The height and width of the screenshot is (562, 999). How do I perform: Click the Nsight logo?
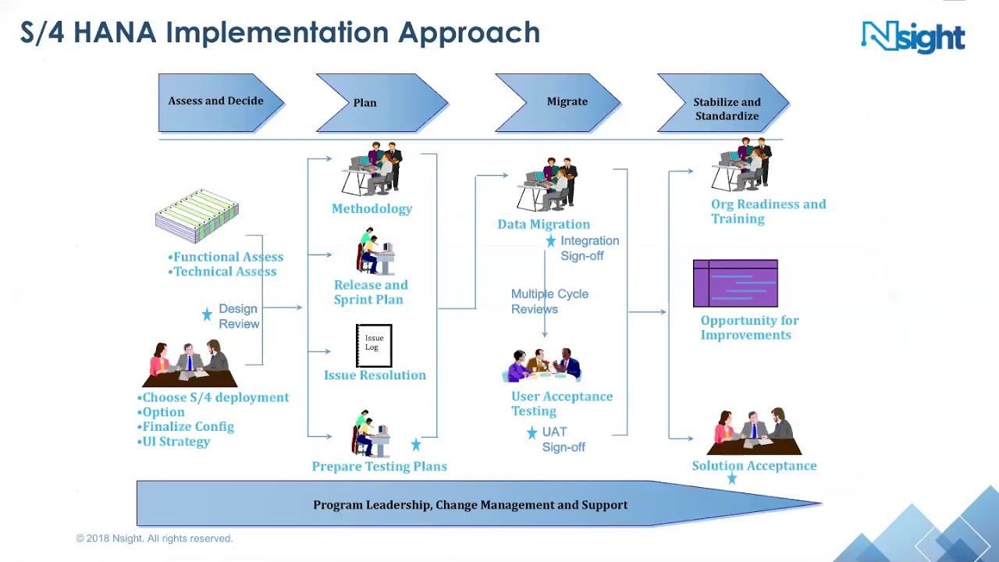912,37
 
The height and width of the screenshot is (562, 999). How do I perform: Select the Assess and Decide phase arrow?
217,101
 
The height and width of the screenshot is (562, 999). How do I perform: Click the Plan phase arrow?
375,102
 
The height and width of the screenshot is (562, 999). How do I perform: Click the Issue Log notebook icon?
374,345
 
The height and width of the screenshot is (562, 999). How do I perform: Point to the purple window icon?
735,283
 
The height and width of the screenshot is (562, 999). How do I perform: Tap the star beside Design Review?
207,314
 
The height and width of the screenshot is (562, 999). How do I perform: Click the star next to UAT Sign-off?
531,432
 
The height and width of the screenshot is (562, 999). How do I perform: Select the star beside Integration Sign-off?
551,241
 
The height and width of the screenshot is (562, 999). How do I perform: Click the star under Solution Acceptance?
732,478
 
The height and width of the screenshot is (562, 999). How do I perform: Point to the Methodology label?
372,208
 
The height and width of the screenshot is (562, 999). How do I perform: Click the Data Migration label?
543,224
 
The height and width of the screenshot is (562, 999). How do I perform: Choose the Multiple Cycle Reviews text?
549,301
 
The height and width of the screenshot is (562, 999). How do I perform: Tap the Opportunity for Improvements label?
748,328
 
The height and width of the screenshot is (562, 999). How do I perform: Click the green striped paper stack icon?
197,215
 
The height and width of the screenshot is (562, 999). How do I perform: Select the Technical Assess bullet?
224,272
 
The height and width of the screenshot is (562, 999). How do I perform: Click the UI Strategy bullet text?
176,442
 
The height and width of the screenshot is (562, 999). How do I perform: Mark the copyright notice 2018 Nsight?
155,539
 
